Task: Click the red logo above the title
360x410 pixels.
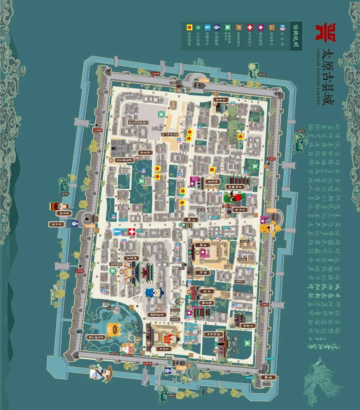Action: click(326, 32)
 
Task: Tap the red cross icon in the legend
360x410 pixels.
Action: click(250, 27)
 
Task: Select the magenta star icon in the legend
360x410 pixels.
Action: click(261, 27)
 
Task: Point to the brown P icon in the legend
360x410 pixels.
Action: click(239, 27)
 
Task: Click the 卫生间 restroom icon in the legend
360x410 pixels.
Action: click(282, 27)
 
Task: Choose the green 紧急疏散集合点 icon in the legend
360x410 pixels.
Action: click(228, 27)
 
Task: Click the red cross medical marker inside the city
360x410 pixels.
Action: click(132, 232)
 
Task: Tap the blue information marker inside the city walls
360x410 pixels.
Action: click(116, 231)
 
